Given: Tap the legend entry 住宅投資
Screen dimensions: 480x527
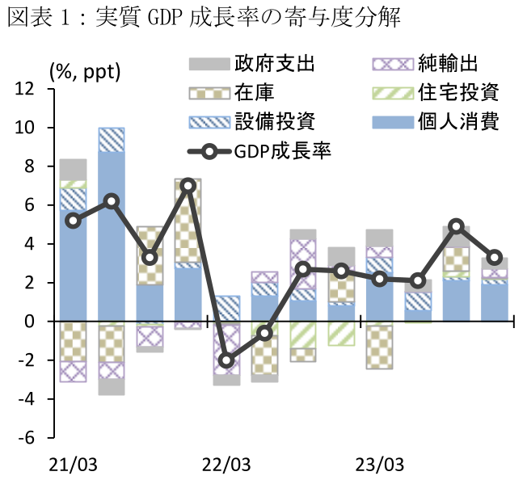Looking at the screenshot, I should click(x=458, y=93).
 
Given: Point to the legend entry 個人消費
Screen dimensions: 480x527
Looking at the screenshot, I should click(x=458, y=122).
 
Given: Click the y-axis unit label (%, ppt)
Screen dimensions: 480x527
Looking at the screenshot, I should click(x=85, y=71).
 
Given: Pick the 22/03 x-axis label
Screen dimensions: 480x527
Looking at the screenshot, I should click(x=226, y=465).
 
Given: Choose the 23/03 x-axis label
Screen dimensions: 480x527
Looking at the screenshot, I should click(x=381, y=465).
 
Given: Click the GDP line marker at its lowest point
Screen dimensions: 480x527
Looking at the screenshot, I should click(x=227, y=360).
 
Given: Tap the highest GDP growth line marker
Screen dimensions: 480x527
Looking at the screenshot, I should click(x=188, y=186).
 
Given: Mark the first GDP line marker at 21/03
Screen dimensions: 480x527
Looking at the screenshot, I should click(x=74, y=221).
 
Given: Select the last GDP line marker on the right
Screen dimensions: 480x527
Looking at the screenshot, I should click(x=495, y=258).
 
